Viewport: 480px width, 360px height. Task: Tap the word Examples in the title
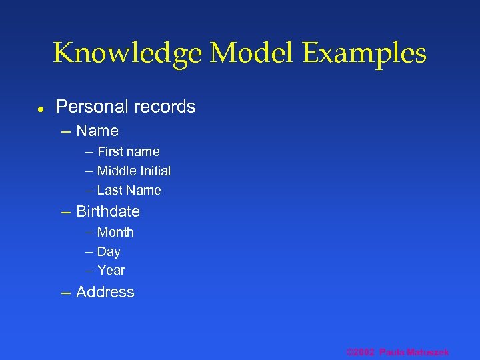coord(365,53)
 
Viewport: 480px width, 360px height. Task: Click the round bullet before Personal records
coord(40,107)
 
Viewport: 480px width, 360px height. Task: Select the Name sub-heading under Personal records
coord(97,131)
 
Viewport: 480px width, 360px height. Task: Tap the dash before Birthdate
coord(65,212)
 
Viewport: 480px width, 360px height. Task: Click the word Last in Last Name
coord(109,190)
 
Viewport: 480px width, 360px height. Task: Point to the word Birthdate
coord(108,211)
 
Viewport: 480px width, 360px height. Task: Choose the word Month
coord(115,232)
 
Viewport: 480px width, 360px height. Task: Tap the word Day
coord(109,251)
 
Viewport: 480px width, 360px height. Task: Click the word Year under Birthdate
coord(111,270)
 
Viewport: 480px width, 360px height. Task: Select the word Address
coord(105,292)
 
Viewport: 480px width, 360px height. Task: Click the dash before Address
coord(65,293)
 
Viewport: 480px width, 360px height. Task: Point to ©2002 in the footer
coord(361,352)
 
